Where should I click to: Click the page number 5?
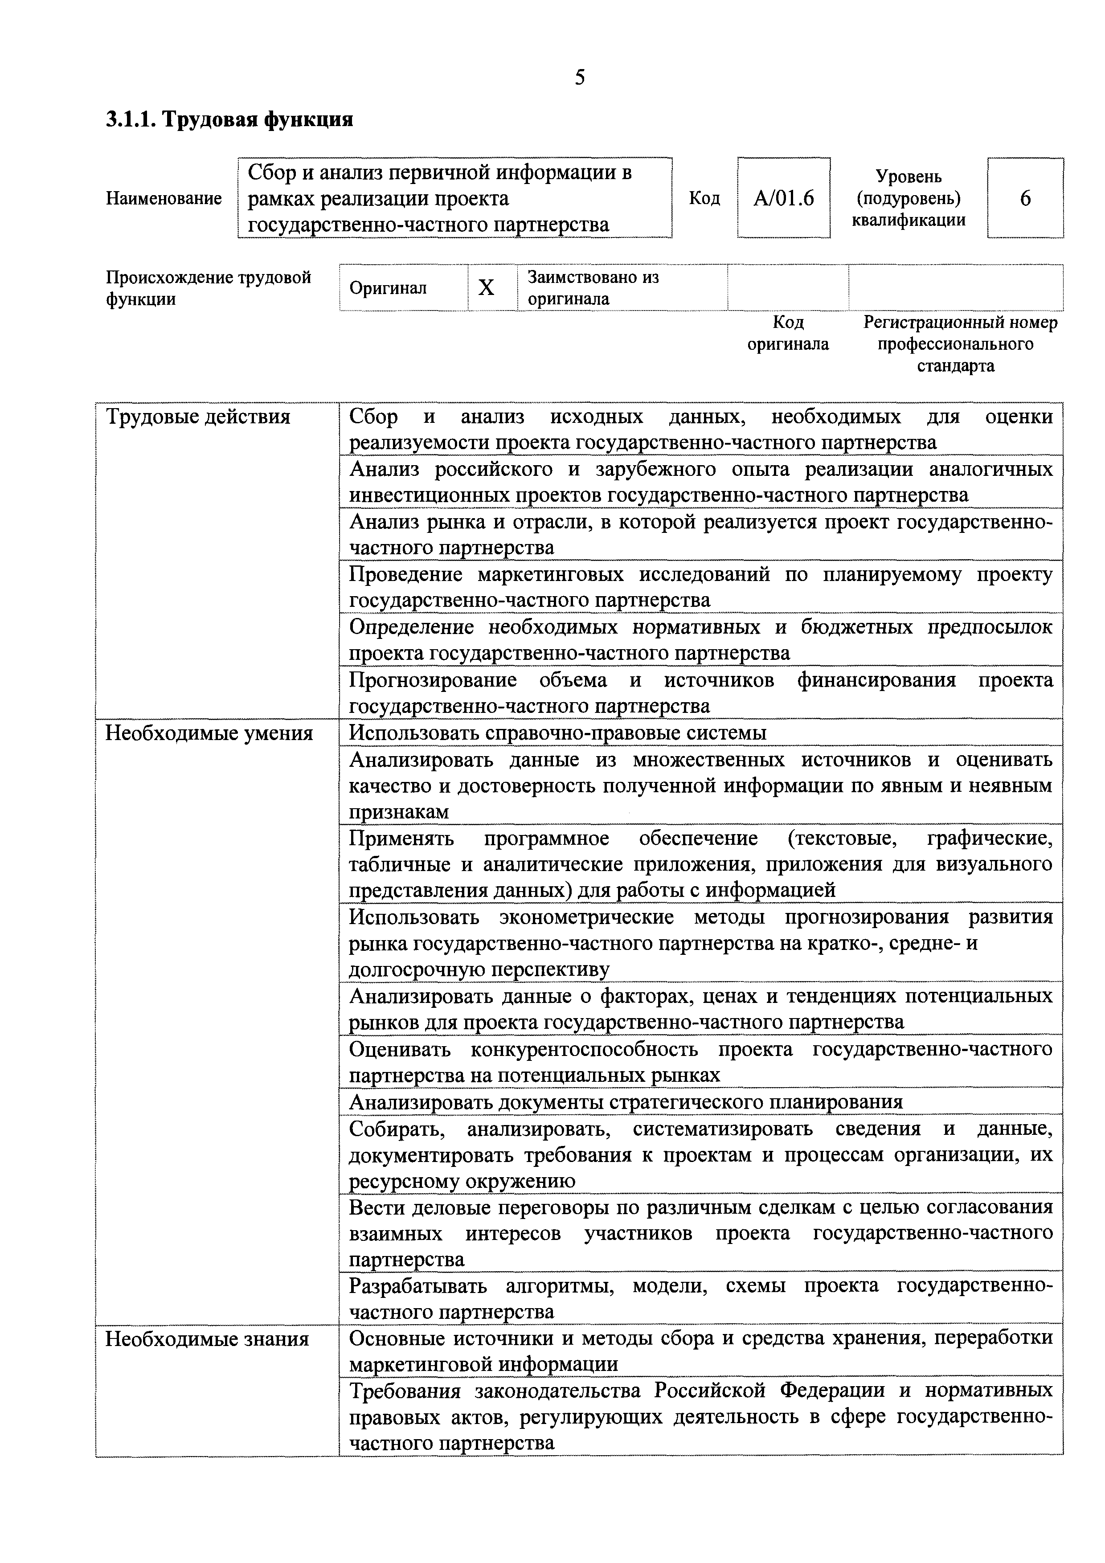coord(579,78)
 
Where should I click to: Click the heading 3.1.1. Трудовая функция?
coord(229,120)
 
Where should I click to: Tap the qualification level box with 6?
coord(1025,198)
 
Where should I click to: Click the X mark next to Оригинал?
coord(486,288)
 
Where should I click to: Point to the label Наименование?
coord(164,198)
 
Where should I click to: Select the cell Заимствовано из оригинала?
coord(622,288)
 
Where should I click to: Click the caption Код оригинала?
coord(788,333)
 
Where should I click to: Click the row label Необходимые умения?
coord(209,733)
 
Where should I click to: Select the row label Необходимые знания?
coord(207,1339)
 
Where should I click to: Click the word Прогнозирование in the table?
coord(433,680)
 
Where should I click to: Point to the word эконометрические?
coord(586,917)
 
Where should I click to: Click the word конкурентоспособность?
coord(584,1049)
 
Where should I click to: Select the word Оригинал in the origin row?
coord(388,288)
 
